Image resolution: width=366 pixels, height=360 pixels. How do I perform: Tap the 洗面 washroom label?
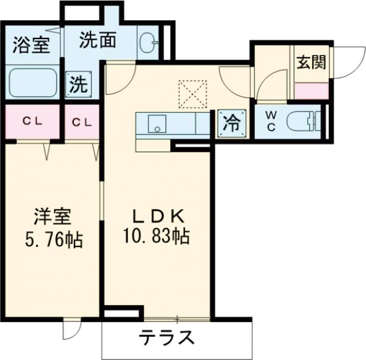(x=98, y=41)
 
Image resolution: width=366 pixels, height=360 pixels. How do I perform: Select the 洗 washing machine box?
(x=78, y=84)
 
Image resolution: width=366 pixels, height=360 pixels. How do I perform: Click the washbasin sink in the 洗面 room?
(x=148, y=43)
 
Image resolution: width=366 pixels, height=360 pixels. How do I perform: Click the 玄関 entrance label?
(x=310, y=63)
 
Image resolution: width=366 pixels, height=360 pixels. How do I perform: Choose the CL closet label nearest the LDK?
(x=81, y=121)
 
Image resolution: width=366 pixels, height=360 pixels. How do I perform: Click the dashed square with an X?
(x=193, y=94)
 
